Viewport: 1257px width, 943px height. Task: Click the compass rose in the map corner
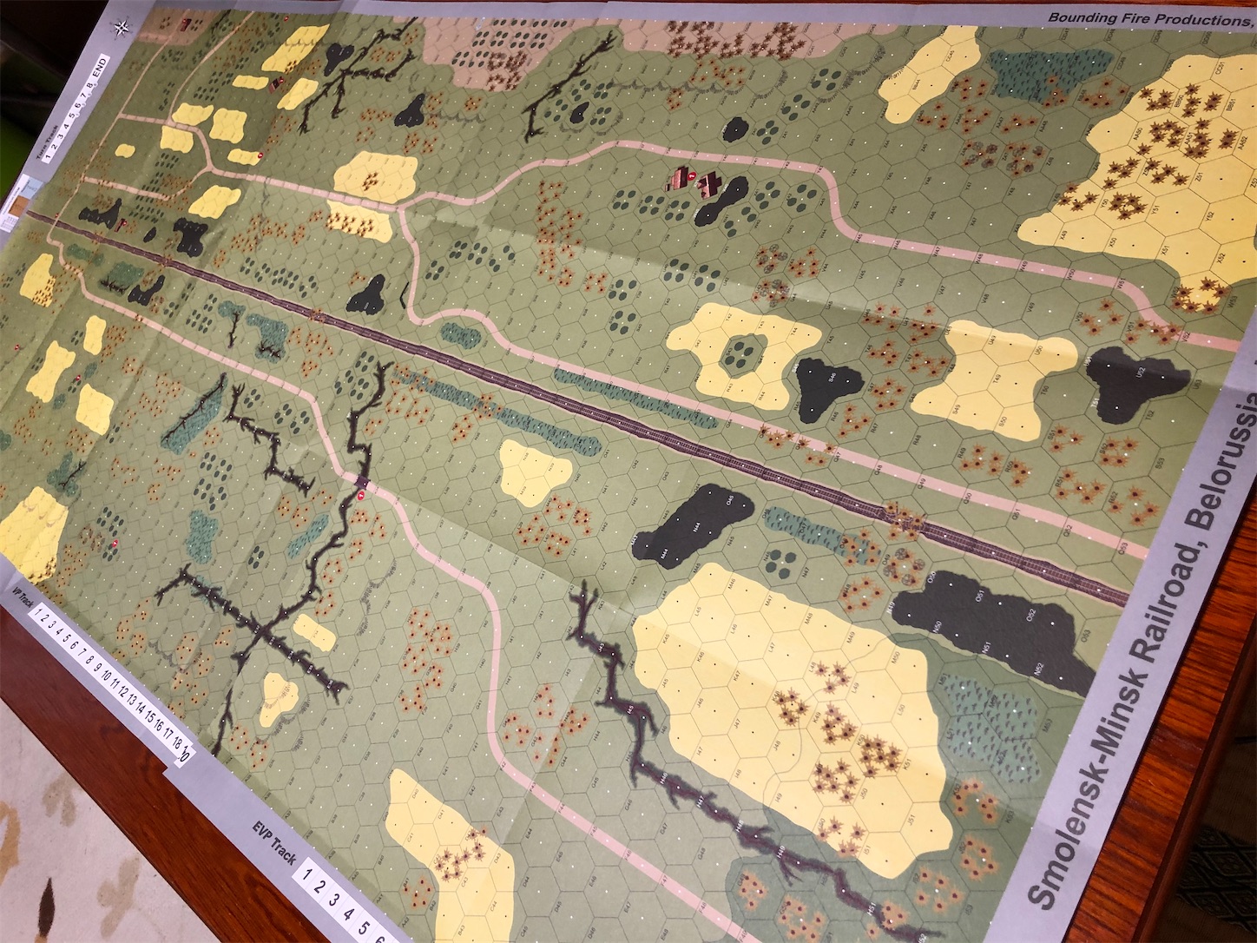[120, 26]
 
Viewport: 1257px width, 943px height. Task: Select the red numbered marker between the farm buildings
[694, 178]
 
